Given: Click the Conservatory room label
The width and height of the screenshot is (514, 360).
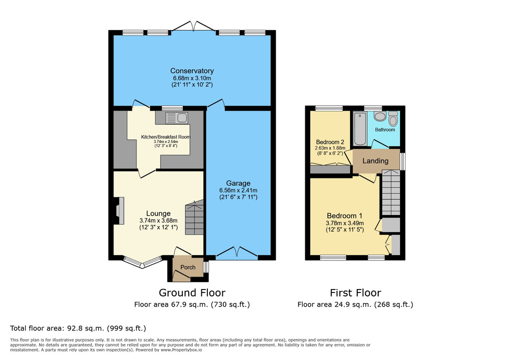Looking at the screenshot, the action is point(192,70).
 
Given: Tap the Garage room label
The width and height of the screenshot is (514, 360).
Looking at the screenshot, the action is point(238,183).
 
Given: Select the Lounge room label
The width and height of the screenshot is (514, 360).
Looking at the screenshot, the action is point(158,213).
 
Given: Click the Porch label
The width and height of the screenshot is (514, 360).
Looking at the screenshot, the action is point(188,267).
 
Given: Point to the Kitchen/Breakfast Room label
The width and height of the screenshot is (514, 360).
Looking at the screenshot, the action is point(165,137).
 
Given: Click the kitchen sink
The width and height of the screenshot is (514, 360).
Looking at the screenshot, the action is point(177,118).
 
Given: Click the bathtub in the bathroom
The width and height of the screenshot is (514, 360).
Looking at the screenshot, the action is point(360,128).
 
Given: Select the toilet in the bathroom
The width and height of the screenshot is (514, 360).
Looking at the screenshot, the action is point(393,118).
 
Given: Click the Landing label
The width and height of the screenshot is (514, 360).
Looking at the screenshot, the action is point(375,161).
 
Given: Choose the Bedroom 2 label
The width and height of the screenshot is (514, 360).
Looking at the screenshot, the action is point(330,142).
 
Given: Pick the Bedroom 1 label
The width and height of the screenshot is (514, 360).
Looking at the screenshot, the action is point(345,215).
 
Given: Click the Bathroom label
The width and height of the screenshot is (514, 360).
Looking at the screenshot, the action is point(385,129).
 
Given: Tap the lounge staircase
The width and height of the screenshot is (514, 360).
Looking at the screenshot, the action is point(194,218).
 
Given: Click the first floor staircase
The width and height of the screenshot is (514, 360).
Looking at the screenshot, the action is point(391,192).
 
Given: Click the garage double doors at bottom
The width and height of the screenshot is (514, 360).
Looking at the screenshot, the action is point(237,252).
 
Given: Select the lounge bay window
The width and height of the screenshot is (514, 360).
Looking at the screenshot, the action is point(142,262).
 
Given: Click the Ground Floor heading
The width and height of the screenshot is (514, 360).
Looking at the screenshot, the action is point(192,292).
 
